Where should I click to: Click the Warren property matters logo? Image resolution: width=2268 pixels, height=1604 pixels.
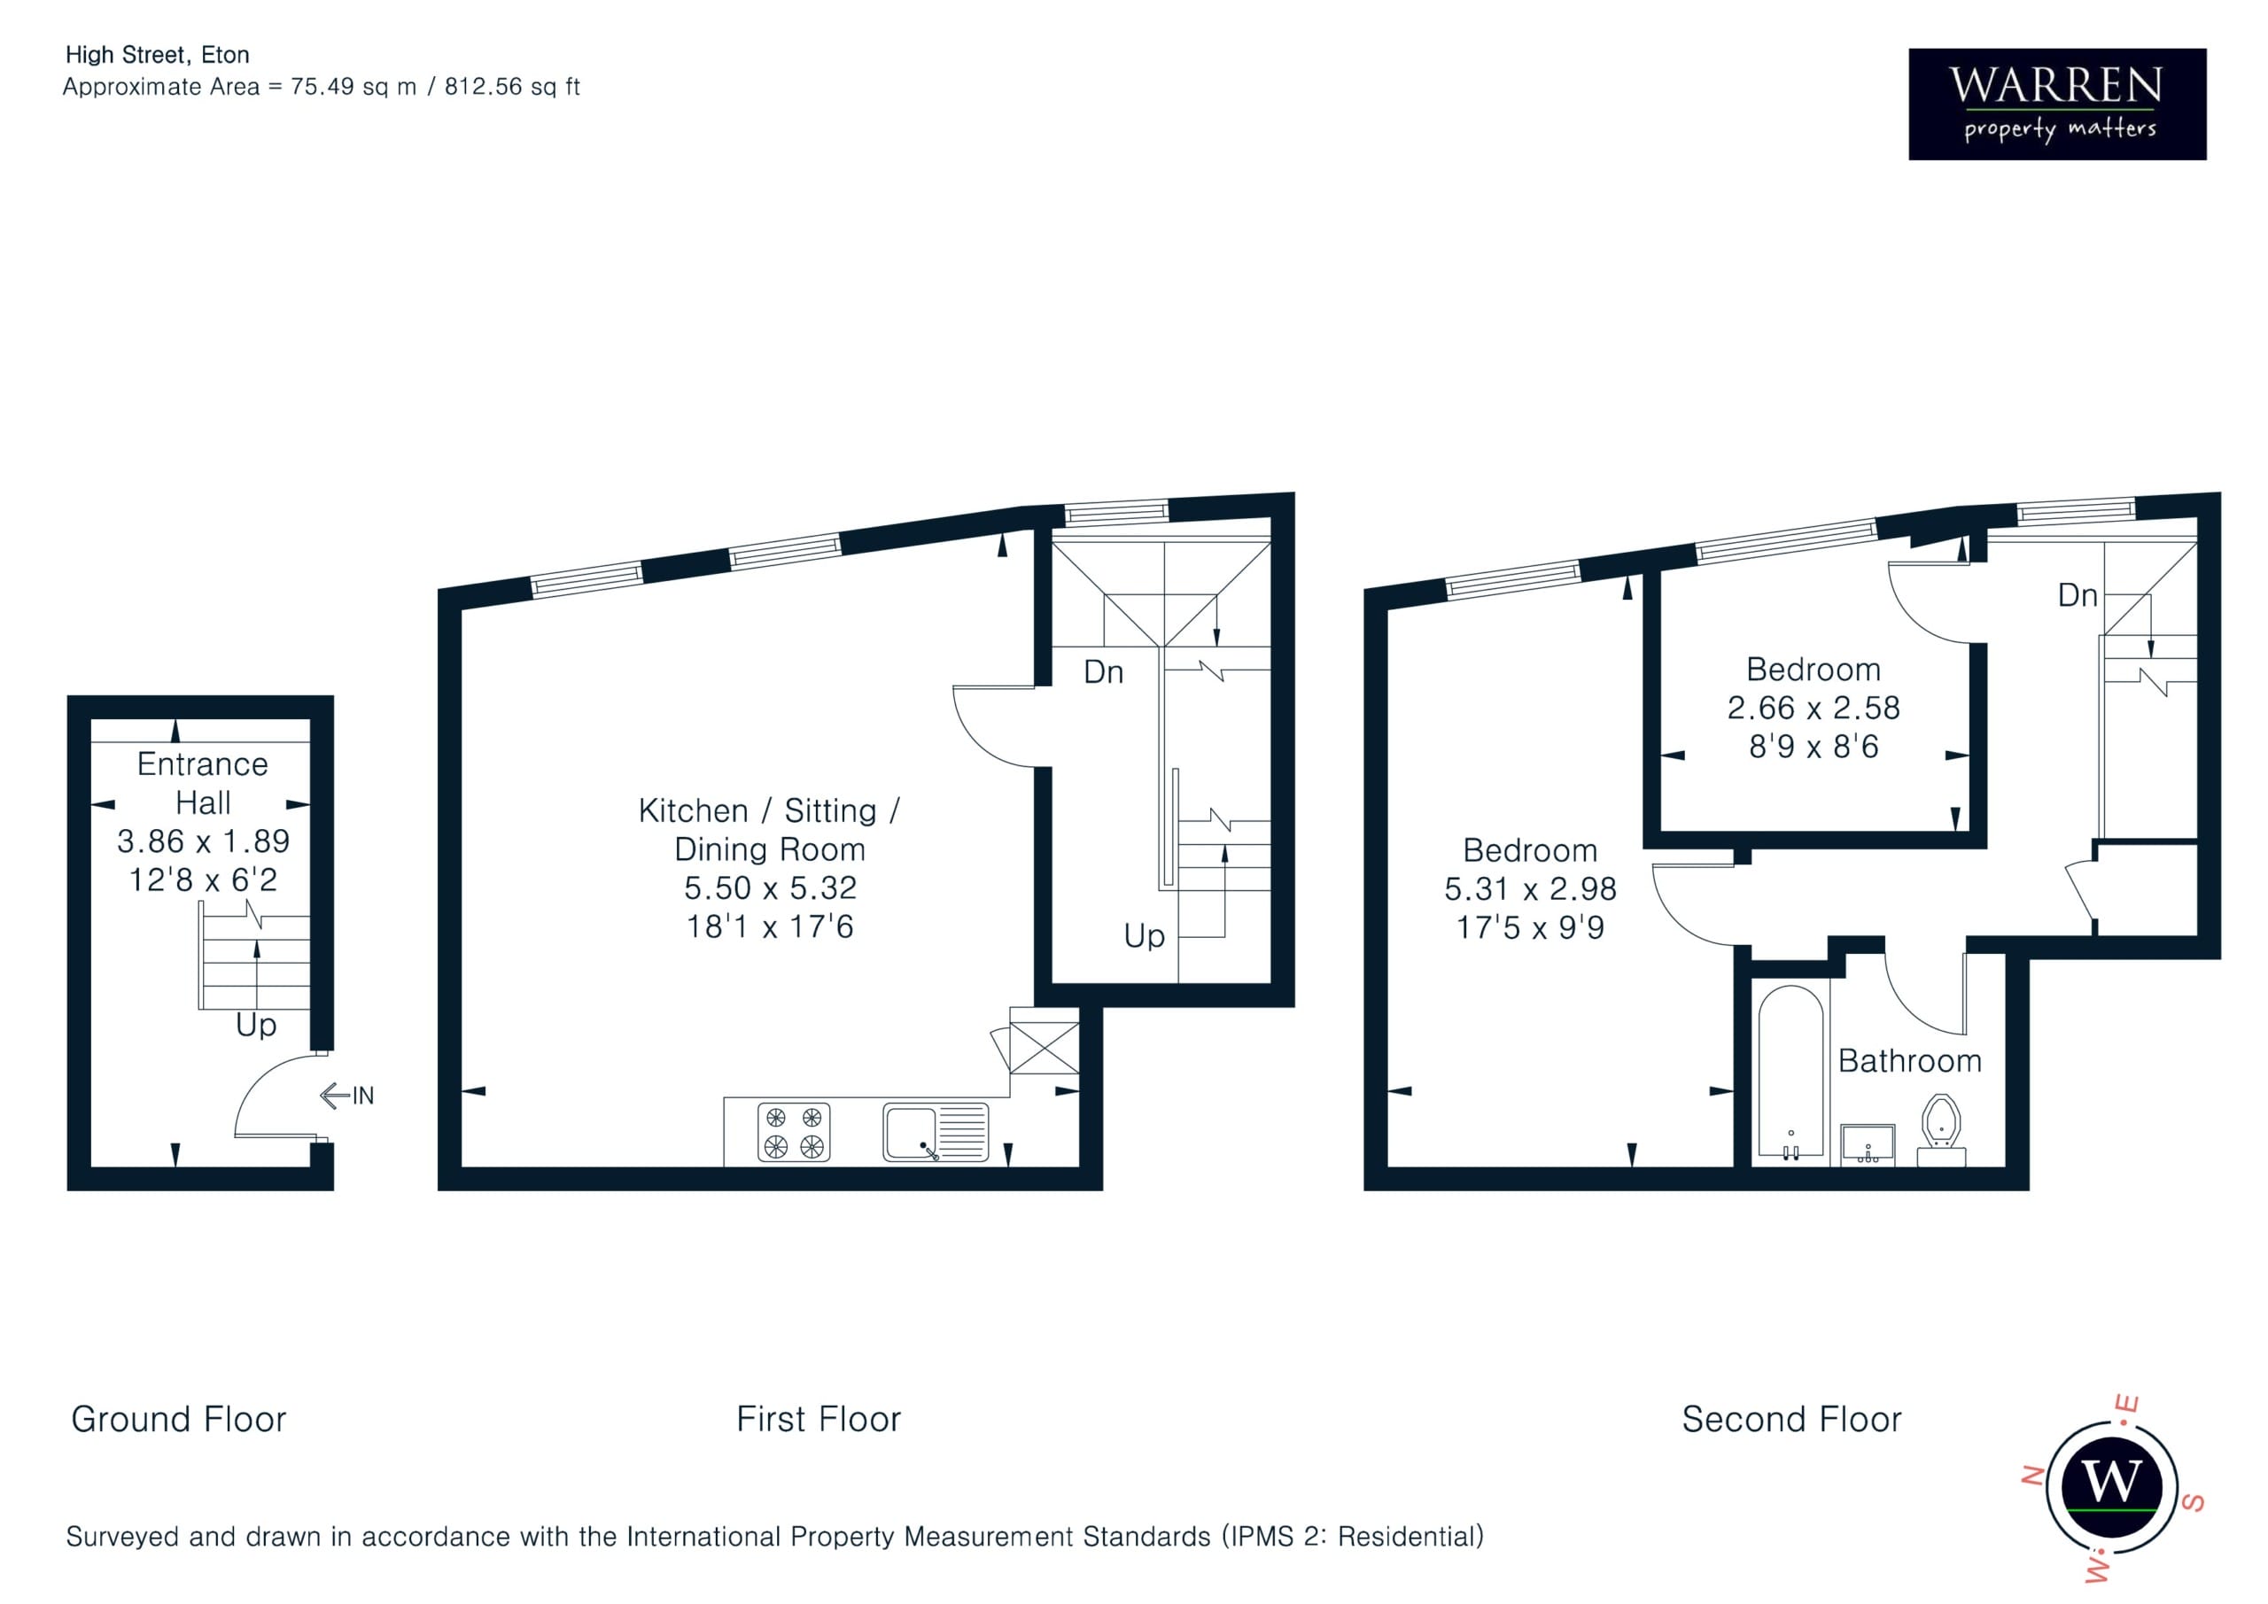[x=2056, y=104]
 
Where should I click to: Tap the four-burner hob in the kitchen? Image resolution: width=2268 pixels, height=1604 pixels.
[x=793, y=1132]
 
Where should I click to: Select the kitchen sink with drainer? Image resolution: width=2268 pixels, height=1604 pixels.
[x=936, y=1132]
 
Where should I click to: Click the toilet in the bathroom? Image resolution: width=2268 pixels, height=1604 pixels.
[x=1941, y=1130]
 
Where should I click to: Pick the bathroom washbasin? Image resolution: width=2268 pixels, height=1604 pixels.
[x=1868, y=1143]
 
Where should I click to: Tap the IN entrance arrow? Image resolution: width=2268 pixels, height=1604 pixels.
[x=346, y=1096]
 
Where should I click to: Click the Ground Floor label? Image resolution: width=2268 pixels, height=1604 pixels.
[x=179, y=1419]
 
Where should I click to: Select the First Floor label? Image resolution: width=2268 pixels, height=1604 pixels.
[x=819, y=1419]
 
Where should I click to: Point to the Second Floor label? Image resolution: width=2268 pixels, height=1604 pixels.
[x=1792, y=1419]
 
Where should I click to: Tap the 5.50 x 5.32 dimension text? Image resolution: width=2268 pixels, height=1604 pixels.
[x=771, y=888]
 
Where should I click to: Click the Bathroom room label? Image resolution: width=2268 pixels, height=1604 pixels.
[x=1909, y=1061]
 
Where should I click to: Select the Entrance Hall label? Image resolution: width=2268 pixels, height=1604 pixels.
[x=203, y=783]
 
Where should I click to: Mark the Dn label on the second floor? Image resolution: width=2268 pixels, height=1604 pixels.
[x=2078, y=595]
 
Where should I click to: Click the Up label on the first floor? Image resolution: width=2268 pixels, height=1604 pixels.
[x=1144, y=936]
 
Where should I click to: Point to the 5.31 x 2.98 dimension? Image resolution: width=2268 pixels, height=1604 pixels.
[x=1530, y=889]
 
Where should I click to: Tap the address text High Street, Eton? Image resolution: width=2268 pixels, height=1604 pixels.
[x=157, y=55]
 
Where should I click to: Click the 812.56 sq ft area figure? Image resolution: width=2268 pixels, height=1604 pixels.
[x=512, y=87]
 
